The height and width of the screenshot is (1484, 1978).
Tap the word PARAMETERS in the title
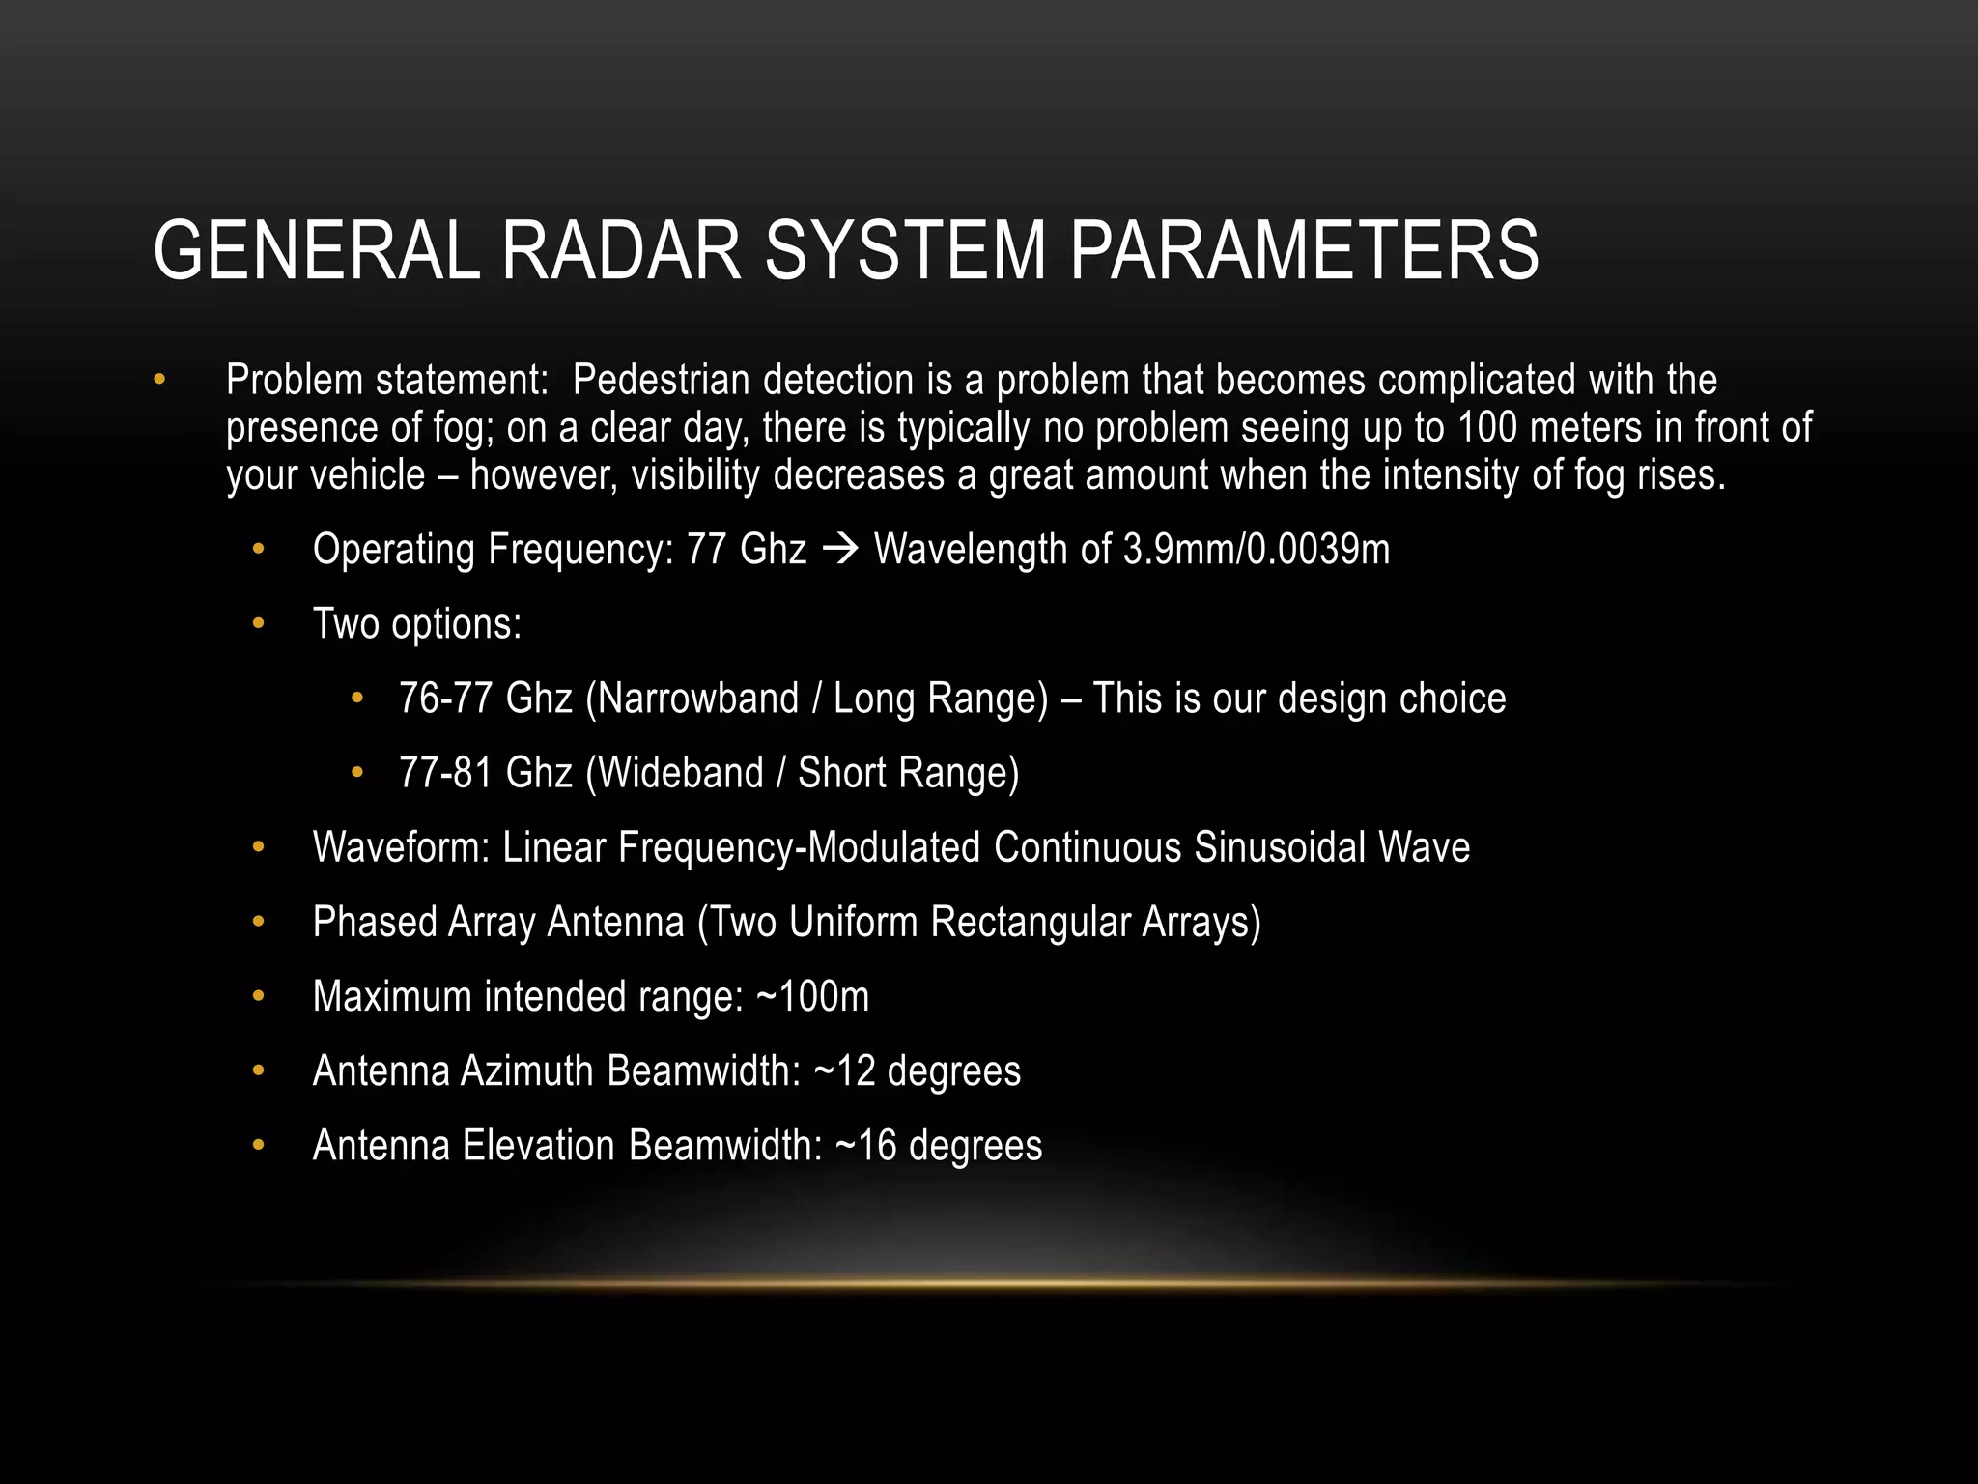coord(1303,250)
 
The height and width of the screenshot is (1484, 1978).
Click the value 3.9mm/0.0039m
coord(1256,550)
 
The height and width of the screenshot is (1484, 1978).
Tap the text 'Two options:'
coord(416,624)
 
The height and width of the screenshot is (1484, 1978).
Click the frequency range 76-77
coord(445,699)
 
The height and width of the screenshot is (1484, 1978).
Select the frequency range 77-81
coord(445,773)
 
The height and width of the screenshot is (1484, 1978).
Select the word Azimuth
coord(526,1071)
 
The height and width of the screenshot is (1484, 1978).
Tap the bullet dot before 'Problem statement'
coord(159,381)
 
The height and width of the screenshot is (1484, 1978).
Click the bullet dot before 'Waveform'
coord(258,847)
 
